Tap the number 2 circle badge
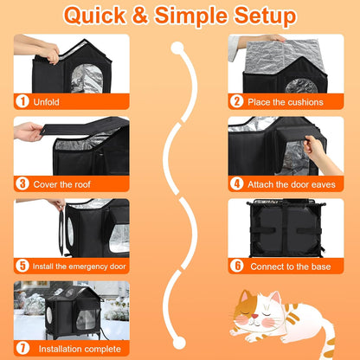237,101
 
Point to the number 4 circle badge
237,183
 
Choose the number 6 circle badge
237,266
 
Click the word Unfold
49,101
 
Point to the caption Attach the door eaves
293,183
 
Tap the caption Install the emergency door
80,266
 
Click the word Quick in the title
102,16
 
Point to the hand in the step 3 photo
29,132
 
